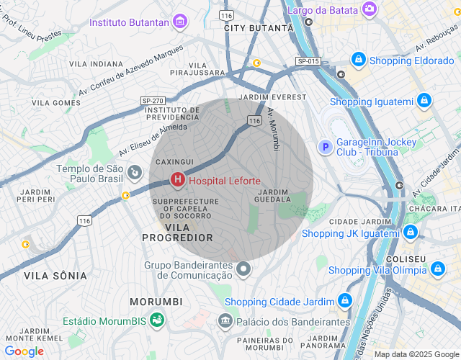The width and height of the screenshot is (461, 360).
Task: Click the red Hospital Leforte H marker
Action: [x=176, y=181]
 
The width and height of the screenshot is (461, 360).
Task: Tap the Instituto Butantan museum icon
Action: [x=180, y=22]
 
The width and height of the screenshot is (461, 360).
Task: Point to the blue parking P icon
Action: [x=325, y=147]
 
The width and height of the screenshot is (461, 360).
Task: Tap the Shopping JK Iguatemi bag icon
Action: [x=411, y=231]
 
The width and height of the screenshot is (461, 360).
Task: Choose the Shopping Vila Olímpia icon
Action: [x=437, y=269]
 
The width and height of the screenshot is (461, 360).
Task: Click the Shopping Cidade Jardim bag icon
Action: [x=345, y=300]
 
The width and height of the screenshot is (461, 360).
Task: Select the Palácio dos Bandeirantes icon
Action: [x=226, y=319]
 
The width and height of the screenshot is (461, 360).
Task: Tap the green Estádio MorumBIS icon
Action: [x=156, y=319]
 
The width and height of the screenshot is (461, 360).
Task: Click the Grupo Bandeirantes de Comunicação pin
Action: [x=243, y=269]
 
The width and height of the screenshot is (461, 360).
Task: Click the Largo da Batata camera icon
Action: [x=370, y=9]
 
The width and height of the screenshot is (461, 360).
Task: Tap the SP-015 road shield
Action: [x=308, y=62]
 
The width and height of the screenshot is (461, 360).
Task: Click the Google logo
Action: [x=24, y=351]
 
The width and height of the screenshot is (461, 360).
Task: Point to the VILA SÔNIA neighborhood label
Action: [x=55, y=276]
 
